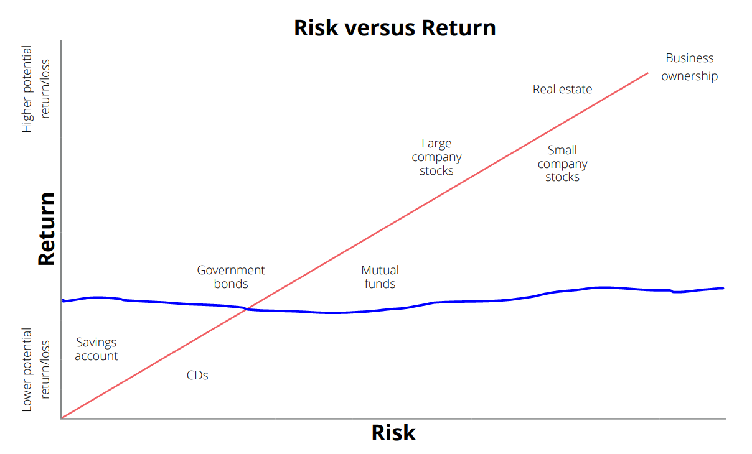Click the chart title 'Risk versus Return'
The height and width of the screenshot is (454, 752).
[x=395, y=28]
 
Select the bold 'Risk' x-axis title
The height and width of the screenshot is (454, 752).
[x=393, y=433]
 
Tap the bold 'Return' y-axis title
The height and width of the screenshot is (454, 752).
[x=46, y=229]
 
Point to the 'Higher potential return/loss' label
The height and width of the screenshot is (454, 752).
[x=35, y=89]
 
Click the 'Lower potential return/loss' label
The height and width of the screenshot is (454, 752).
[x=35, y=369]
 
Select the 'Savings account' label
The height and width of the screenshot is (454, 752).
[x=96, y=349]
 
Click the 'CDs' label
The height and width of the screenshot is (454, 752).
[x=197, y=375]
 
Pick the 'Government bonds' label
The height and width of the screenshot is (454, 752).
[x=231, y=277]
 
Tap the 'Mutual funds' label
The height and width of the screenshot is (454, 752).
[x=380, y=277]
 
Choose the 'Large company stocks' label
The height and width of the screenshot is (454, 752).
[x=437, y=157]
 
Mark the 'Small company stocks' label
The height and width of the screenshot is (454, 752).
[x=563, y=164]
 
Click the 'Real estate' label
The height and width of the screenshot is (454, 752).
[x=563, y=89]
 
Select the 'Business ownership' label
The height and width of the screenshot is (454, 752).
[x=690, y=67]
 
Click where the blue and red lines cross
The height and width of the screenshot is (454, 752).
[x=246, y=309]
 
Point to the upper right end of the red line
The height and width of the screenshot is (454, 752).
[x=647, y=73]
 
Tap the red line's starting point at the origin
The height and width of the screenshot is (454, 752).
[x=62, y=418]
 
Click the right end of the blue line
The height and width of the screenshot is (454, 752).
[x=723, y=289]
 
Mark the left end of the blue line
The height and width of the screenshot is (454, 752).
[x=63, y=301]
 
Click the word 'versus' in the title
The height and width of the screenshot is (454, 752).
[x=380, y=28]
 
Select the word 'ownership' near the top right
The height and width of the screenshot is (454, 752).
[x=690, y=76]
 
